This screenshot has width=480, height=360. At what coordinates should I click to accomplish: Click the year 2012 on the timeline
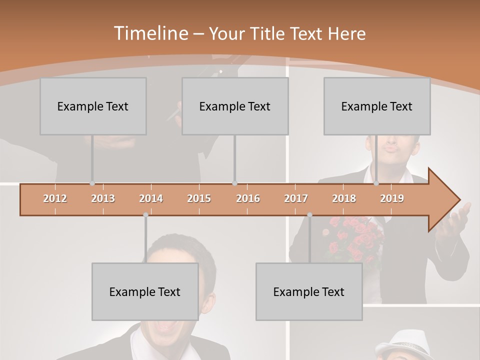(55, 198)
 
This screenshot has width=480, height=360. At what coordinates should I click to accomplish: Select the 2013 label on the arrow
(103, 198)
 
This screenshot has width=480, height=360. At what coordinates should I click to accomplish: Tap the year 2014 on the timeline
(151, 198)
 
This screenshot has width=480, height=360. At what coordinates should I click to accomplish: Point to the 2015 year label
(199, 198)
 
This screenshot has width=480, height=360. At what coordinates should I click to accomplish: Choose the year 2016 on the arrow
(248, 198)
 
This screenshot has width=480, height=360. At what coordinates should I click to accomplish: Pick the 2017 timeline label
(296, 198)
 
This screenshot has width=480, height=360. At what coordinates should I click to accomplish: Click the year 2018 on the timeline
(344, 198)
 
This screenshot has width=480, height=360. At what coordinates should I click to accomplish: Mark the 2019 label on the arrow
(392, 198)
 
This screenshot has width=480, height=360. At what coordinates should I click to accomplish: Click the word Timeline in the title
(150, 33)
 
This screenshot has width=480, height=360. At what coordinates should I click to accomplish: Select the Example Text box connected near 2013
(93, 106)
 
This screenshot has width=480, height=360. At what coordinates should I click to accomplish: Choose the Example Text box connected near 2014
(145, 291)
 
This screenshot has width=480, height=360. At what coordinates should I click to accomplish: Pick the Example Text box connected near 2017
(309, 291)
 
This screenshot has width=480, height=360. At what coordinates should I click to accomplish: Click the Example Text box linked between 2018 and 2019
(377, 106)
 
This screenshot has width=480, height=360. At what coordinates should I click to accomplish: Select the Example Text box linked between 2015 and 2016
(235, 106)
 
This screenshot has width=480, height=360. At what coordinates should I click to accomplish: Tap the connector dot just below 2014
(145, 214)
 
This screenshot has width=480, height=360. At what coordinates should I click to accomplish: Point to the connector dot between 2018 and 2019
(376, 183)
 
